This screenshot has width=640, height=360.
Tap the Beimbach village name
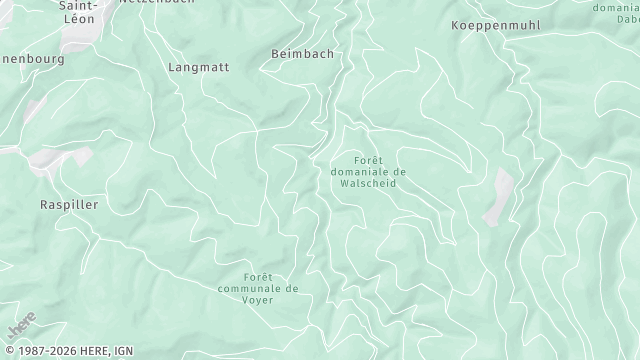tap(302, 53)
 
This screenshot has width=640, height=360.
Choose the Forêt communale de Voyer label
tap(257, 288)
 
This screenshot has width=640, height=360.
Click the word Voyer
tap(258, 299)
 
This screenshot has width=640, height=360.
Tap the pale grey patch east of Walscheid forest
tap(498, 196)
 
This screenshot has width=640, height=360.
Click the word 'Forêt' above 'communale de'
tap(258, 276)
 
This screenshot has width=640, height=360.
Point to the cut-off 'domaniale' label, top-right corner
tap(617, 8)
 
